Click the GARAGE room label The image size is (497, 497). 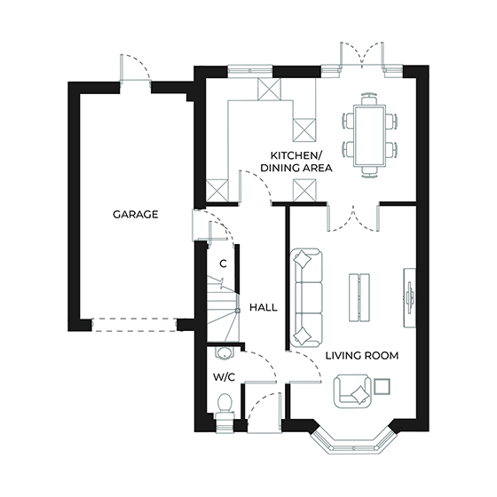[135, 214]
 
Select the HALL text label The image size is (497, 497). [264, 307]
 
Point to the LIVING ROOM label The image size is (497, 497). [361, 355]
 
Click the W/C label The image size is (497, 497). [223, 376]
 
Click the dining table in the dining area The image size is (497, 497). [368, 133]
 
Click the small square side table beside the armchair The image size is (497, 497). [383, 386]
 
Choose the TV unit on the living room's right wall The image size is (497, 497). [409, 292]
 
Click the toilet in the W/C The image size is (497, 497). [225, 406]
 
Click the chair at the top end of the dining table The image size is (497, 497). [367, 99]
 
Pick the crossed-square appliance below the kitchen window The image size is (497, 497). [268, 89]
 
